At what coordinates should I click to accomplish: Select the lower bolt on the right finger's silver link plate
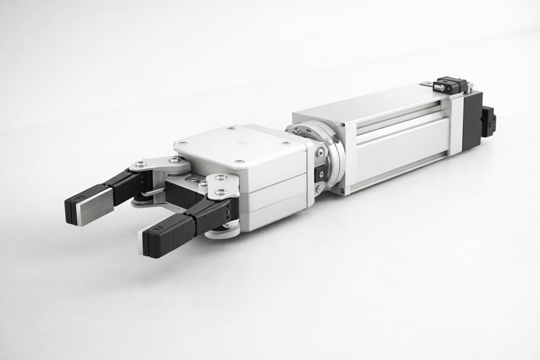click(x=221, y=192)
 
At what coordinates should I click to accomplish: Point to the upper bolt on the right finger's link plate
click(x=221, y=178)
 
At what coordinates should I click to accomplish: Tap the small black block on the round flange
click(x=321, y=173)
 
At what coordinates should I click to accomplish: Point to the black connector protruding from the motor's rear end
click(x=489, y=121)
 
